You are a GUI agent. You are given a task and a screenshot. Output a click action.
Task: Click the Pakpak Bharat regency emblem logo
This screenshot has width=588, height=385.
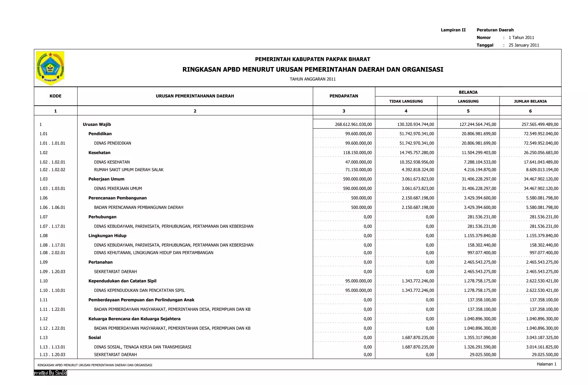pos(50,68)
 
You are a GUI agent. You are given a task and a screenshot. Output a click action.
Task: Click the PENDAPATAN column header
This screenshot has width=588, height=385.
pos(344,96)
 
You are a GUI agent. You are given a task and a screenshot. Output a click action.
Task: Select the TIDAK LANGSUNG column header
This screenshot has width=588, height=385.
pos(406,101)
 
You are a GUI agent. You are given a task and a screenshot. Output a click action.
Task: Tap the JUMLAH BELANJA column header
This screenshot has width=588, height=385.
pos(530,101)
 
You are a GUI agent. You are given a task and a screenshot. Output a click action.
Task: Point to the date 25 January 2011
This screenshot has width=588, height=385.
pos(524,45)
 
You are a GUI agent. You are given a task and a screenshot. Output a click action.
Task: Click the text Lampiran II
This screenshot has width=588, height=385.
pos(453,30)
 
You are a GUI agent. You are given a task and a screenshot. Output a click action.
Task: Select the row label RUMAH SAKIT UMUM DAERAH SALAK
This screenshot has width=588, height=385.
pos(129,170)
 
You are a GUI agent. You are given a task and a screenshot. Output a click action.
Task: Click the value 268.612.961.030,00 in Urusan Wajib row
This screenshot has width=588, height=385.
pos(353,124)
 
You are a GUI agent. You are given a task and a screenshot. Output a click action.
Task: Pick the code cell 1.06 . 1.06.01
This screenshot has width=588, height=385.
pos(52,207)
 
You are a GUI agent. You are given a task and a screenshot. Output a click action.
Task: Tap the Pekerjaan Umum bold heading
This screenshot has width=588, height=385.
pos(106,179)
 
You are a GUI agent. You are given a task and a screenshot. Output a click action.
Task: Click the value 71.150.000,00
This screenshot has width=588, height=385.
pos(358,170)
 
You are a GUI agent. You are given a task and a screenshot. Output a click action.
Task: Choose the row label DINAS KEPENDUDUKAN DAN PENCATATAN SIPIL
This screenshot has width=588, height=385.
pos(139,290)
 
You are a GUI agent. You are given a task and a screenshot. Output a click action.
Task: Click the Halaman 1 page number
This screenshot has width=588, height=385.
pos(546,364)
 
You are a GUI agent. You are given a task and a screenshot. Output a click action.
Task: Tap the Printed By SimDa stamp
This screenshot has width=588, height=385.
pos(50,373)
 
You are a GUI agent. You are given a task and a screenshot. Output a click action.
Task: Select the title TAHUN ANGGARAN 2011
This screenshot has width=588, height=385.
pos(312,79)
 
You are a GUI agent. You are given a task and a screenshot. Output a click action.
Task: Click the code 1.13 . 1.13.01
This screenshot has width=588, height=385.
pos(52,347)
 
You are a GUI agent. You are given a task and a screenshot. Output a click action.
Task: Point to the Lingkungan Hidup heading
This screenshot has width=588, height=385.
pos(107,236)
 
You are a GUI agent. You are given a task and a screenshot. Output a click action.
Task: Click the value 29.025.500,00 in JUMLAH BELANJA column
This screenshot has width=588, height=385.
pos(545,355)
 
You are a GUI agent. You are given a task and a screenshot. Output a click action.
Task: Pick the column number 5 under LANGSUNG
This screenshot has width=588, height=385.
pos(468,111)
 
